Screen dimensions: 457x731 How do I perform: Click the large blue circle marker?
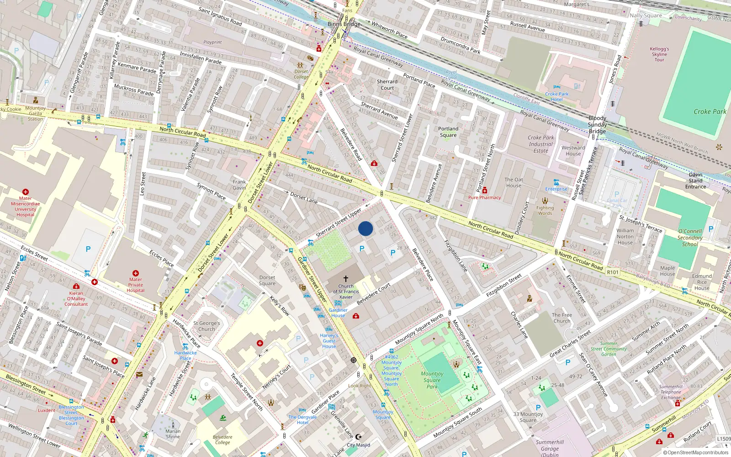[x=365, y=228]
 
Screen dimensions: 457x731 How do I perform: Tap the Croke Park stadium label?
[x=710, y=112]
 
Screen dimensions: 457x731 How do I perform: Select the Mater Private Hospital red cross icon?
[x=136, y=273]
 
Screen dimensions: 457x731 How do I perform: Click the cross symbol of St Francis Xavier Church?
[x=346, y=278]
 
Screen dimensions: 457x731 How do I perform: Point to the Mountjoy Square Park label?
[x=432, y=380]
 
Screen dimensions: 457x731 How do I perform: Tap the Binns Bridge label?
[x=344, y=24]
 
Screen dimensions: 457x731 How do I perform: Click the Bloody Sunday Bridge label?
[x=597, y=125]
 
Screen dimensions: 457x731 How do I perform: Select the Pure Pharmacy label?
[x=484, y=198]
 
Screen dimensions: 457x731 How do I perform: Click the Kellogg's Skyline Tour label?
[x=659, y=54]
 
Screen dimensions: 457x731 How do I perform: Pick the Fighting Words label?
[x=545, y=211]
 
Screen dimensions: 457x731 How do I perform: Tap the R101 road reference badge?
[x=612, y=272]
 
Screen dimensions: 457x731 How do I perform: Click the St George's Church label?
[x=207, y=326]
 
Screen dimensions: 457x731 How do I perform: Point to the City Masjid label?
[x=358, y=445]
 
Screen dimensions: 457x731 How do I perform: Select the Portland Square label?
[x=448, y=132]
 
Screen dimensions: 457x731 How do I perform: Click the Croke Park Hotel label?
[x=556, y=96]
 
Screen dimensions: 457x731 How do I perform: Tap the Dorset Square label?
[x=267, y=281]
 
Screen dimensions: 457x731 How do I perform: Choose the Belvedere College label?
[x=222, y=440]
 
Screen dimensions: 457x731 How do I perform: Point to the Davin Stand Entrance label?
[x=695, y=181]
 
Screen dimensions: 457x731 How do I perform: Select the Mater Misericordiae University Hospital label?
[x=26, y=207]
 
